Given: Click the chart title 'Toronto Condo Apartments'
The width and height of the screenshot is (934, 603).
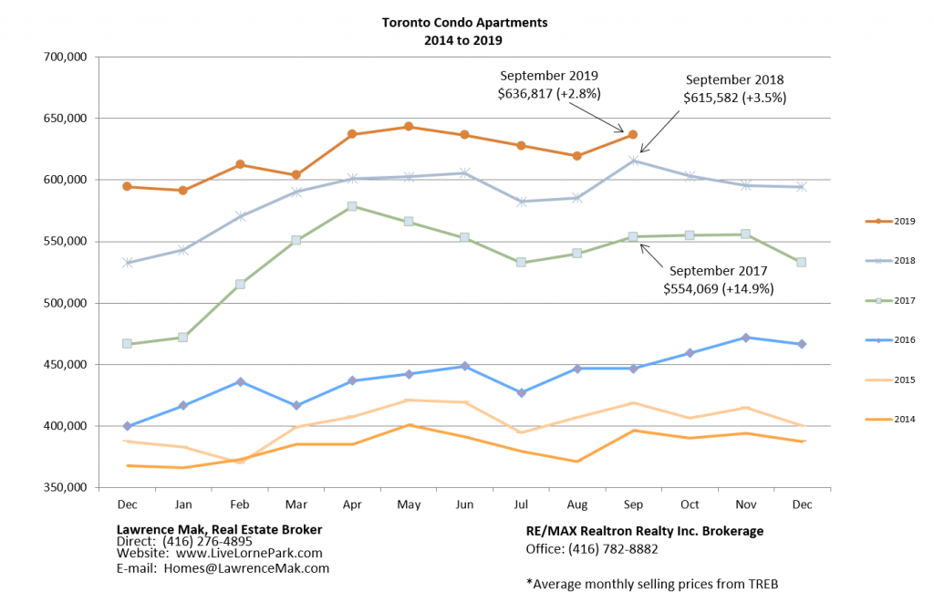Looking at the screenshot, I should pyautogui.click(x=465, y=22).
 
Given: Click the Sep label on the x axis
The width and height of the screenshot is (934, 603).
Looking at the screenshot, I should pyautogui.click(x=632, y=504).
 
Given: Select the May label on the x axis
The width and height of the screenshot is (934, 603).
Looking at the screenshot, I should pyautogui.click(x=409, y=504).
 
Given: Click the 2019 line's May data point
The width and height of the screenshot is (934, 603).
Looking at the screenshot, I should pyautogui.click(x=409, y=127).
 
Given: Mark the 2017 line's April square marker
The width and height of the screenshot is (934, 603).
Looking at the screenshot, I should pyautogui.click(x=352, y=206).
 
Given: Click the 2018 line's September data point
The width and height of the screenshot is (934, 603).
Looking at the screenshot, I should pyautogui.click(x=633, y=161).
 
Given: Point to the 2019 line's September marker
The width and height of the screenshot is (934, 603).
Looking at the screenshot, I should pyautogui.click(x=633, y=134).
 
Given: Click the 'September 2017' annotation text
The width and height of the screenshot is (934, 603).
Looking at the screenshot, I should pyautogui.click(x=719, y=271).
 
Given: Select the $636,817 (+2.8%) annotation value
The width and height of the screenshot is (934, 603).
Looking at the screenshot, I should pyautogui.click(x=548, y=93).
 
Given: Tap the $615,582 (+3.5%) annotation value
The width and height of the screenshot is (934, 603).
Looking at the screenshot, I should pyautogui.click(x=734, y=97).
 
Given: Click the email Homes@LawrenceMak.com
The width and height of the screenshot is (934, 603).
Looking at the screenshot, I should pyautogui.click(x=246, y=567).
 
